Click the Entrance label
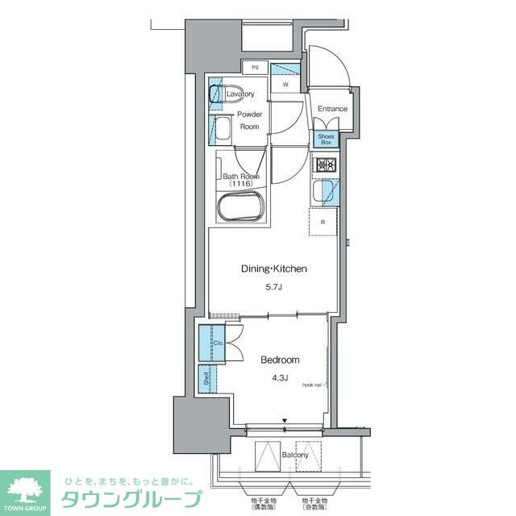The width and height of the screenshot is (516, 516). (331, 109)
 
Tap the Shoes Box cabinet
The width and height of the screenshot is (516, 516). (325, 139)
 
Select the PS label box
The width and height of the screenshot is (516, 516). (255, 67)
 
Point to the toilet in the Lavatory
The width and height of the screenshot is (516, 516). (220, 94)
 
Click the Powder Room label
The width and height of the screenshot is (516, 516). (249, 120)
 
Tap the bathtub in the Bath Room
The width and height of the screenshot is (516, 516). (240, 206)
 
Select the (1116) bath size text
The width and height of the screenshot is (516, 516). (240, 184)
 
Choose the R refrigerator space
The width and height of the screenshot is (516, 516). (323, 222)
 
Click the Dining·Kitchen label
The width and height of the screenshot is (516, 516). (274, 269)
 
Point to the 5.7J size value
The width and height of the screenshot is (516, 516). (275, 286)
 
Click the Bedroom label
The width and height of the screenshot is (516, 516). (280, 360)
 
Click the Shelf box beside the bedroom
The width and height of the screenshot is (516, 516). (208, 377)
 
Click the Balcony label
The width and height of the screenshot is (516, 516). (295, 455)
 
